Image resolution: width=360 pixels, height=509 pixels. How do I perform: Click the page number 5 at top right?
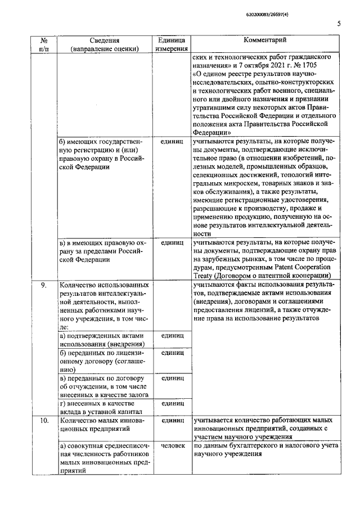pos(339,23)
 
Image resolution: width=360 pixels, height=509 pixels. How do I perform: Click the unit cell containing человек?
pos(172,445)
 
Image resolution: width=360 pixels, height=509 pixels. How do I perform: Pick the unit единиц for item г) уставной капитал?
pos(172,403)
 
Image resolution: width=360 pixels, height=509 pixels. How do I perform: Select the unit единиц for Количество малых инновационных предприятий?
pos(172,420)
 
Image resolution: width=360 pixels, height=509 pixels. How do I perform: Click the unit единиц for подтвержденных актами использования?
pos(172,335)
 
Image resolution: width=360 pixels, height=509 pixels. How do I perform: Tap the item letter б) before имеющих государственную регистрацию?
pos(63,141)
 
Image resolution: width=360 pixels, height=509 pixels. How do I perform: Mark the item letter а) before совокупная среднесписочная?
pos(63,445)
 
